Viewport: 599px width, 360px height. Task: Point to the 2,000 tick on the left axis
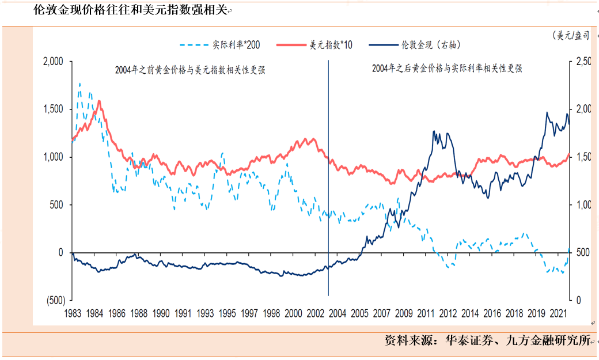[x=54, y=61]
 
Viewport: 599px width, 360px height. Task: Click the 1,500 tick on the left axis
[x=54, y=109]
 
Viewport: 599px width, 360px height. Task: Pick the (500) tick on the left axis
[x=55, y=300]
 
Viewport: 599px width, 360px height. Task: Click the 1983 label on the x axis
[x=73, y=313]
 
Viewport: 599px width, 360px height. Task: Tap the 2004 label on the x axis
[x=338, y=313]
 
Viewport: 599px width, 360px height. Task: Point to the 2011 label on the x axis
[x=426, y=313]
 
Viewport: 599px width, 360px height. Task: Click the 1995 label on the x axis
[x=228, y=313]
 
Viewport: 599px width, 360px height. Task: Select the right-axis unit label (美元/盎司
[x=570, y=36]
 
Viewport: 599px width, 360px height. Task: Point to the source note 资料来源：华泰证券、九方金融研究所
[x=488, y=340]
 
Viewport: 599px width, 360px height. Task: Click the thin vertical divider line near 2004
[x=328, y=173]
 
